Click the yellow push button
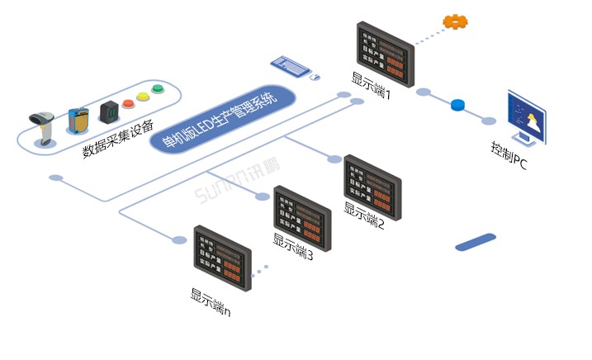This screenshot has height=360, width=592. [142, 97]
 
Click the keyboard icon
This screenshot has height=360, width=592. [290, 64]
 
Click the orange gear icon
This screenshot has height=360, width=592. [455, 21]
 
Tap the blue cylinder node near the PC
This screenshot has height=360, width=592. [458, 105]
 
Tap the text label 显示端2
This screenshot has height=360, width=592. [364, 216]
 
